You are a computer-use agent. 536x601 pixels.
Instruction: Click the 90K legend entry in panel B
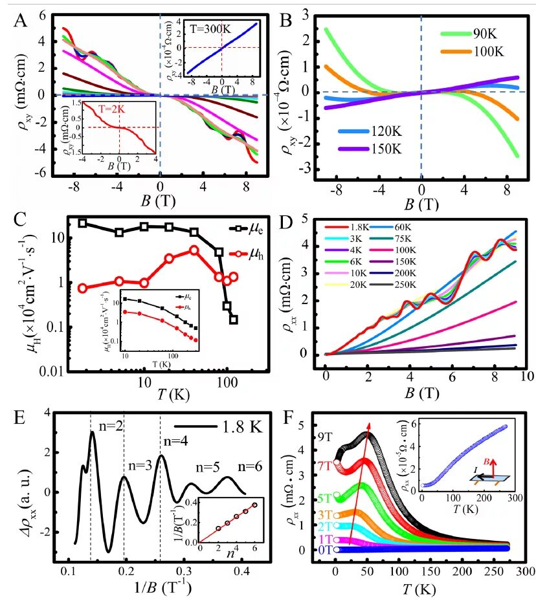[488, 34]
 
